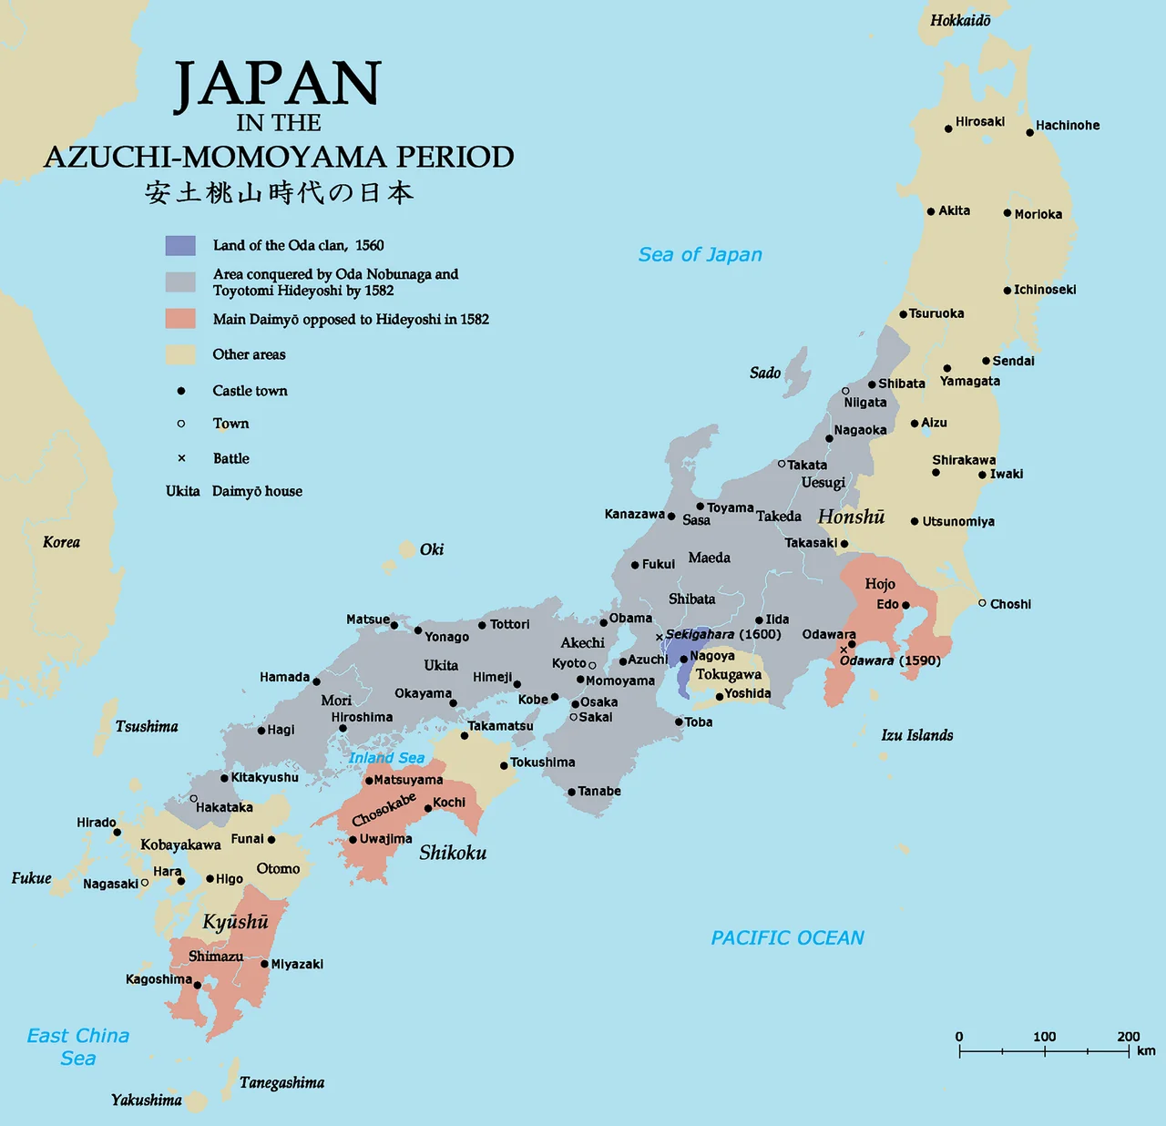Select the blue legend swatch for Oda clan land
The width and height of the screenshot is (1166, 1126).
pyautogui.click(x=180, y=245)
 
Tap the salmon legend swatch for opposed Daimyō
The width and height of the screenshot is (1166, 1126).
pyautogui.click(x=180, y=319)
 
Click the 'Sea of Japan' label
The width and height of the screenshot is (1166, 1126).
pyautogui.click(x=700, y=255)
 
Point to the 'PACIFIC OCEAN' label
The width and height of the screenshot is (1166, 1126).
pyautogui.click(x=787, y=937)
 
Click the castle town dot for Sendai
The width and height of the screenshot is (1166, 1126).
pyautogui.click(x=986, y=362)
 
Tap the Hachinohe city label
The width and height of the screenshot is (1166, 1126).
pyautogui.click(x=1067, y=126)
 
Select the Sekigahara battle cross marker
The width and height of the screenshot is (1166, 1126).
pyautogui.click(x=660, y=637)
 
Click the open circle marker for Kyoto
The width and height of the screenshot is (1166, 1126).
pyautogui.click(x=592, y=665)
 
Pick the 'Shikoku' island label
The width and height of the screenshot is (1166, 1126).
pyautogui.click(x=453, y=853)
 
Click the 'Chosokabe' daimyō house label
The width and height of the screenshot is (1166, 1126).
pyautogui.click(x=384, y=809)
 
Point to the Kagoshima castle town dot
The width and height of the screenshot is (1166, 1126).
pyautogui.click(x=198, y=985)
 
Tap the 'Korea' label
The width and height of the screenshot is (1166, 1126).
pyautogui.click(x=61, y=542)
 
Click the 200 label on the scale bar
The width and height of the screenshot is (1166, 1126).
pyautogui.click(x=1129, y=1037)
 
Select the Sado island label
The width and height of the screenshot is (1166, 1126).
pyautogui.click(x=765, y=373)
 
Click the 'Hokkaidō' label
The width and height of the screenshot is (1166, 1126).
pyautogui.click(x=960, y=20)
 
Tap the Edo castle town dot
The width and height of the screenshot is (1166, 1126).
pyautogui.click(x=905, y=605)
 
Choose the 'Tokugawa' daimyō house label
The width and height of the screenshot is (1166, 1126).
pyautogui.click(x=728, y=675)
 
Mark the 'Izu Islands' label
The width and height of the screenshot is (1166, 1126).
pyautogui.click(x=916, y=735)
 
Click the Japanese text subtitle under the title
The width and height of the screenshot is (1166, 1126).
pyautogui.click(x=279, y=193)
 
